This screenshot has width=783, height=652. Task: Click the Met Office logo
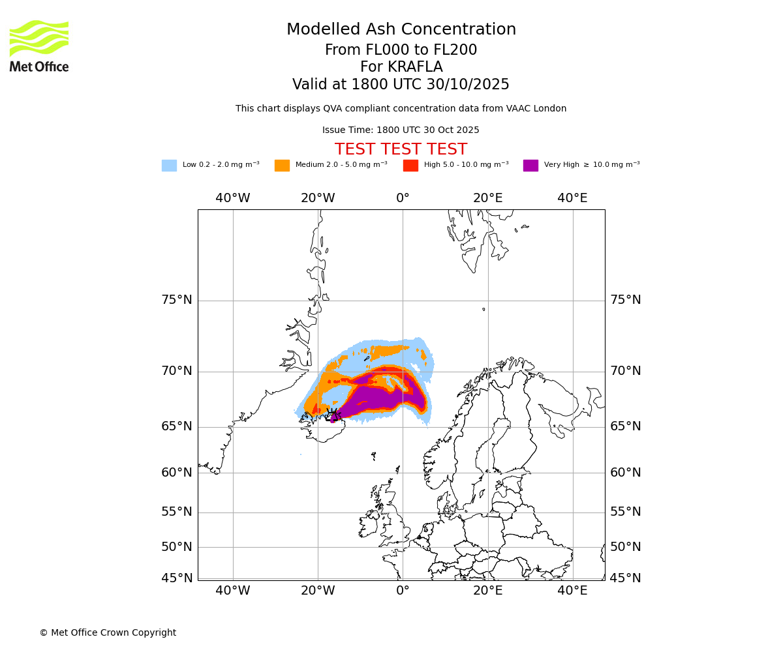click(39, 46)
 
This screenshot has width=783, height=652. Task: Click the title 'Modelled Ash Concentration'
click(401, 30)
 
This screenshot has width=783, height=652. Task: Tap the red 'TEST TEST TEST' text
click(401, 150)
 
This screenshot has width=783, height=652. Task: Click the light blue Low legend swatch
click(169, 166)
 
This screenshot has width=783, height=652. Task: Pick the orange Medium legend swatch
click(282, 166)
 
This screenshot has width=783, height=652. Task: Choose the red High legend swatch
click(410, 166)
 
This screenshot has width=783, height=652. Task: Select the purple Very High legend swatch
click(530, 166)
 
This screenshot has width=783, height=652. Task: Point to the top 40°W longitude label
click(233, 198)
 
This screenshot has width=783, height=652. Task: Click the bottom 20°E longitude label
click(488, 591)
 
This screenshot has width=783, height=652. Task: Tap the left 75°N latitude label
click(177, 300)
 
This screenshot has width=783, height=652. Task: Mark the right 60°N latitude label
click(626, 473)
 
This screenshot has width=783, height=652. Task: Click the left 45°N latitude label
click(177, 578)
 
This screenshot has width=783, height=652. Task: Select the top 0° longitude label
click(403, 198)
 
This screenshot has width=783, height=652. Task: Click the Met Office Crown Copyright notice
click(108, 633)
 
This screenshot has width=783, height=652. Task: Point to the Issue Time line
click(401, 130)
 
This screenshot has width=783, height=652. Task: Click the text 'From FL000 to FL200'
click(401, 50)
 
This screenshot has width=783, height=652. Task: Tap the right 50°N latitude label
click(626, 547)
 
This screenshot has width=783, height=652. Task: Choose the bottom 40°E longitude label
click(573, 591)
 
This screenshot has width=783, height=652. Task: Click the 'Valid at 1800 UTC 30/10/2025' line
click(401, 85)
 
